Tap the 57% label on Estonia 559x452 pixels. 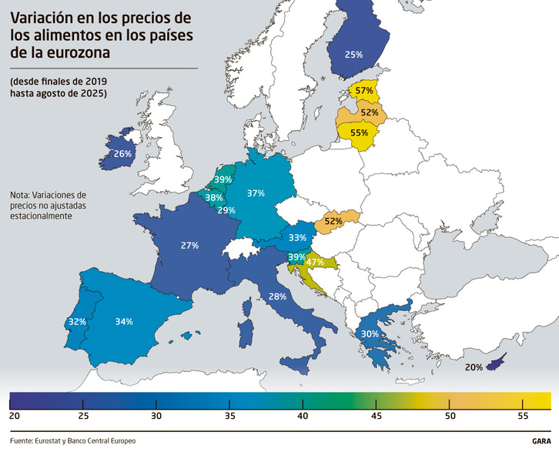(365, 91)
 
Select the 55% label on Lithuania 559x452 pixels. (359, 132)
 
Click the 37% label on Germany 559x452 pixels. (256, 194)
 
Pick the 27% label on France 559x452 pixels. (189, 246)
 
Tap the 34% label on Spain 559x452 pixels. (123, 321)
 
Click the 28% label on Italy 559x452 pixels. (278, 296)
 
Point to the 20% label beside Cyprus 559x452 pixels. (474, 367)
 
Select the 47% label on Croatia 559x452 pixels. (314, 263)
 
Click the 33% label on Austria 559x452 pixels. (298, 238)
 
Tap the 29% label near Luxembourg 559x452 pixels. (226, 210)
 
